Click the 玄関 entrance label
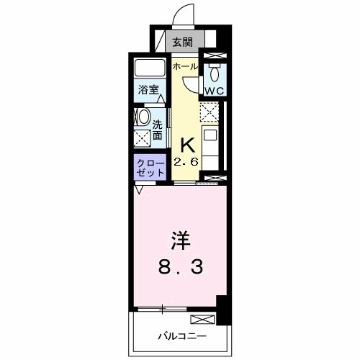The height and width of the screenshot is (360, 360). (181, 40)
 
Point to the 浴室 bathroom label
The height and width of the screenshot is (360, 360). (147, 91)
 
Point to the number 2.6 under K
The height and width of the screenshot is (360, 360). (186, 163)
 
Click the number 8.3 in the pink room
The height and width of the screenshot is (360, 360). (181, 269)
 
